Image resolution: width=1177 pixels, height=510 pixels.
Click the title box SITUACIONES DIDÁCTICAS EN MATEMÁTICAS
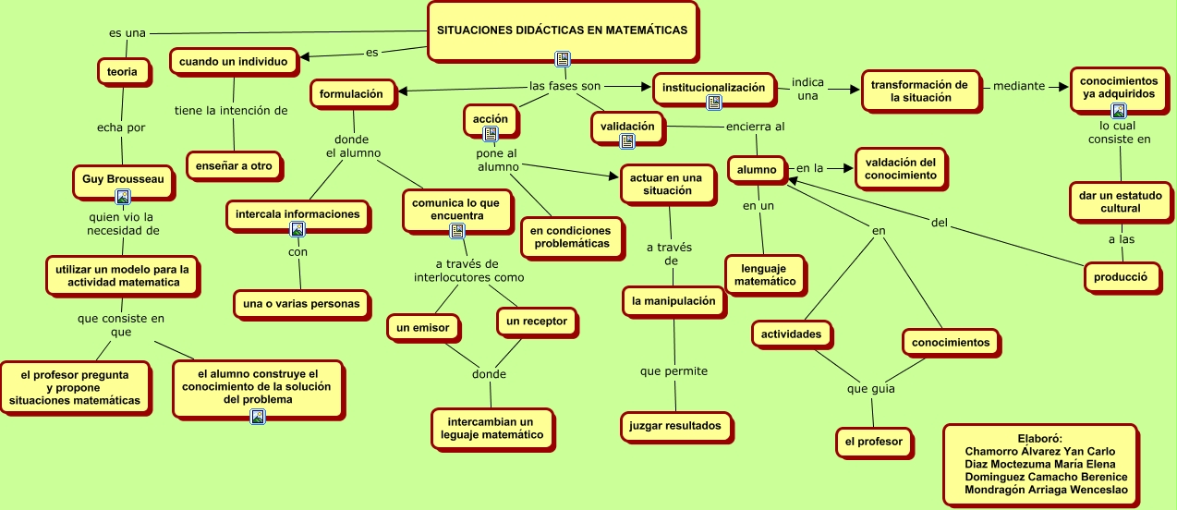(x=562, y=30)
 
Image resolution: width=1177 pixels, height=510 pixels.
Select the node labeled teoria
(x=123, y=70)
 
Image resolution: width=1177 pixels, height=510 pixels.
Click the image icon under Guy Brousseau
(x=123, y=197)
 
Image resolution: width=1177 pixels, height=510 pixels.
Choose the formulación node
(x=351, y=93)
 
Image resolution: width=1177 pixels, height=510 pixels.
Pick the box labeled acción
(x=491, y=119)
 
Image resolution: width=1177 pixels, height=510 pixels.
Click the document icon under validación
(x=627, y=141)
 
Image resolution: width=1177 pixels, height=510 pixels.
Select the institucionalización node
(x=713, y=88)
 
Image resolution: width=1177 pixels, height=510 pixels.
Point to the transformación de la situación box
(x=919, y=91)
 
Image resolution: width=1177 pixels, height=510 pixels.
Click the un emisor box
(x=422, y=327)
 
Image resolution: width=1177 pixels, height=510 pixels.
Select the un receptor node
(x=537, y=322)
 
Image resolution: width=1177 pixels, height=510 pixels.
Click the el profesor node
(x=873, y=442)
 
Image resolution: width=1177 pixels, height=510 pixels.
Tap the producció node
(x=1120, y=275)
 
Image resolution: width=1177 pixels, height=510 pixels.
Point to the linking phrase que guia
(x=870, y=388)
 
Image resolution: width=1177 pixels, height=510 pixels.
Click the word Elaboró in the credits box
(x=1039, y=438)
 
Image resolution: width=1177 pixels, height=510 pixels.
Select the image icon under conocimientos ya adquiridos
(x=1118, y=111)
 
